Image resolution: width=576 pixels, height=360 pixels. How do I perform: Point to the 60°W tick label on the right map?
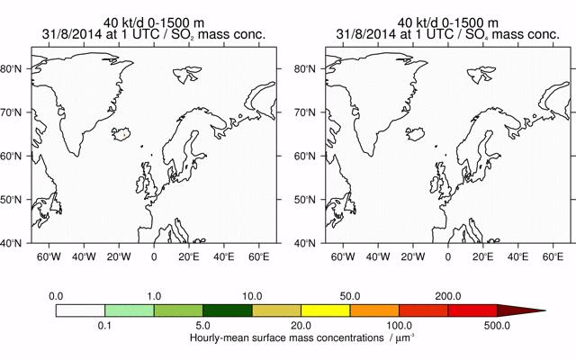pos(342,256)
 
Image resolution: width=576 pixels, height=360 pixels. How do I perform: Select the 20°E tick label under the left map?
pos(189,256)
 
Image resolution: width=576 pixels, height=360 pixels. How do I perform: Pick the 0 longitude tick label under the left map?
pos(154,256)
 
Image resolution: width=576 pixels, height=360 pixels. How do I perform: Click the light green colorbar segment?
pos(129,310)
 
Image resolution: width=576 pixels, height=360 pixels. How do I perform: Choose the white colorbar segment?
pos(79,310)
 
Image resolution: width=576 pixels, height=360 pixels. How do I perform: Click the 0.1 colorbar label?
pos(104,326)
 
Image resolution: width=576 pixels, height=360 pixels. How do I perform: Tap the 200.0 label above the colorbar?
pos(447,295)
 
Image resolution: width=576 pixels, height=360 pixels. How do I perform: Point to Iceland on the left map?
pos(121,134)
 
